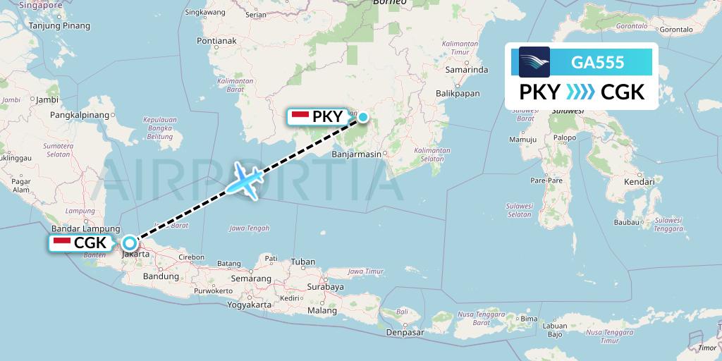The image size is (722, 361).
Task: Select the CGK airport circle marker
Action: [130, 244]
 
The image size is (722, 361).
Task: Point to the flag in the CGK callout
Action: [62, 243]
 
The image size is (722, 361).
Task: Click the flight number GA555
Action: [597, 62]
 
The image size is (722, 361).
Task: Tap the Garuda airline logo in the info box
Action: [534, 62]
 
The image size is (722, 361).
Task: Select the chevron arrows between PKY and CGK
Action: [580, 92]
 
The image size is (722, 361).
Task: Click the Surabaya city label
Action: [324, 287]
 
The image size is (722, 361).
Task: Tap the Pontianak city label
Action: [216, 40]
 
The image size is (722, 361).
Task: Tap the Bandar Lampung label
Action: [81, 228]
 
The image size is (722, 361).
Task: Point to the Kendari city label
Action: [639, 182]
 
